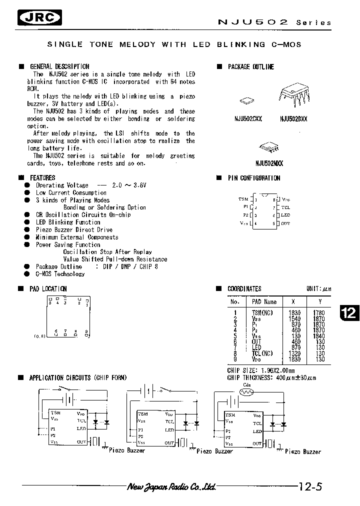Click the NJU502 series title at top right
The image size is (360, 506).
[x=274, y=22]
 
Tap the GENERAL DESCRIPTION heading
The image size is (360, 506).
[x=59, y=66]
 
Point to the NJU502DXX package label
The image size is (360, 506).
[x=293, y=119]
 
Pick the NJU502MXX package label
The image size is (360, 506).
[x=269, y=162]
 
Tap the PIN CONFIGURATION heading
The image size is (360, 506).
[x=254, y=178]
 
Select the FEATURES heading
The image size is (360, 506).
[x=42, y=177]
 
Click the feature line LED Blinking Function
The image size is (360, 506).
[x=68, y=222]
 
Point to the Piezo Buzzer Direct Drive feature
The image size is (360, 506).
[x=74, y=229]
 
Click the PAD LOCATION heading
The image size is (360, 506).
[x=48, y=288]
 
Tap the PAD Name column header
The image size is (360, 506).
[x=264, y=301]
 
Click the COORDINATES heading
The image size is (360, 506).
[x=244, y=288]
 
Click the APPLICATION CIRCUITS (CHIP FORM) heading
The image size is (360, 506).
[x=78, y=377]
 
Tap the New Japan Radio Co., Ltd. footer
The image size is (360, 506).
[x=171, y=486]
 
